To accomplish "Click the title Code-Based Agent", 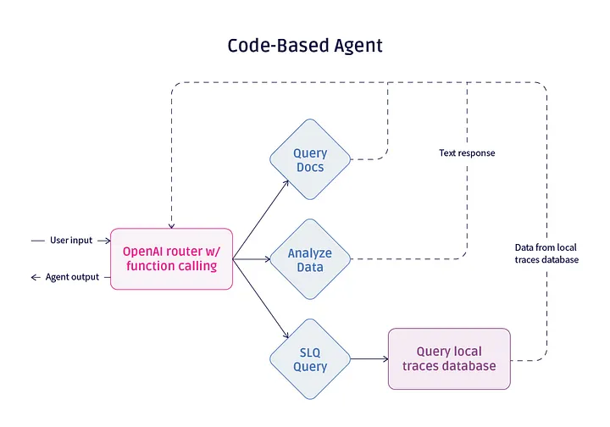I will pos(304,46).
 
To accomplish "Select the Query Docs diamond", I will pos(309,160).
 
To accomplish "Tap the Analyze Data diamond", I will pos(309,260).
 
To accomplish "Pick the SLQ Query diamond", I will pos(309,359).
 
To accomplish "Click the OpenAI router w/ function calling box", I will pos(171,259).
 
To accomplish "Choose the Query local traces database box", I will pos(449,359).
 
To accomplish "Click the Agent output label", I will pos(72,277).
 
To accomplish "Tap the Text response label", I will pos(467,153).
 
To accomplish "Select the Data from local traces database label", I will pos(546,253).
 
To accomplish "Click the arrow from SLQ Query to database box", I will pos(369,359).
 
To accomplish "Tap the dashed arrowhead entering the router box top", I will pos(172,225).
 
